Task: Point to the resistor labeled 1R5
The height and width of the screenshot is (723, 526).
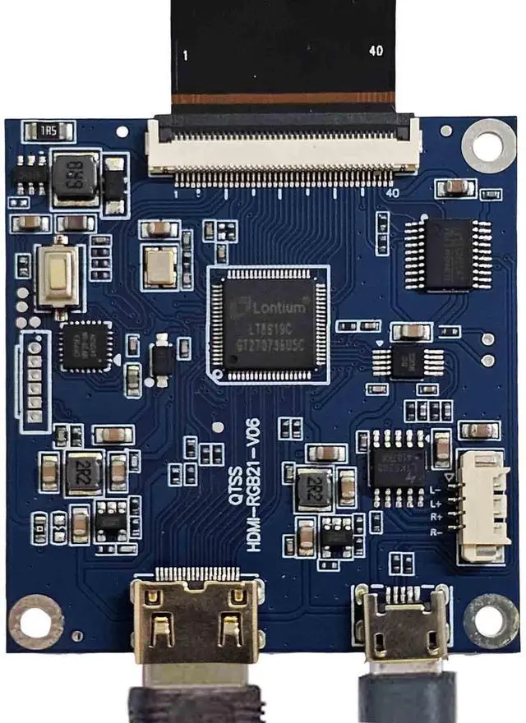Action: (48, 131)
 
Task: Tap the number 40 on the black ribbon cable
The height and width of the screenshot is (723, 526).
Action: (376, 51)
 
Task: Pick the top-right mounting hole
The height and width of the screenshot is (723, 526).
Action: (488, 145)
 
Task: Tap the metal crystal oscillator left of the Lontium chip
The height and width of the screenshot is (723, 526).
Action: (159, 265)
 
